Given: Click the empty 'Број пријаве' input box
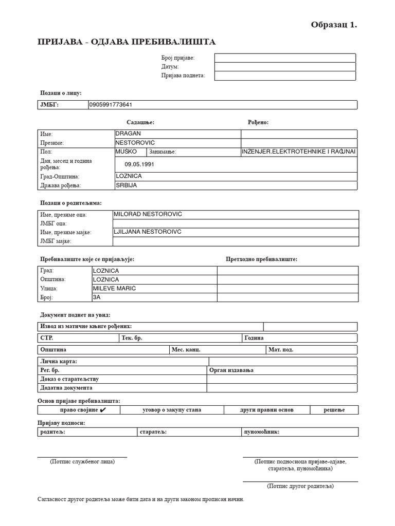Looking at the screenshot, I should click(284, 58).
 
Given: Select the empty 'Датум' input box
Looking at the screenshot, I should click(284, 67).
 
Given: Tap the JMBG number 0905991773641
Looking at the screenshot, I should click(111, 105).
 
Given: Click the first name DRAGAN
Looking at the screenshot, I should click(129, 134).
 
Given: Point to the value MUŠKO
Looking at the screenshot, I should click(127, 152).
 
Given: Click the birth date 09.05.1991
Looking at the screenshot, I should click(139, 164).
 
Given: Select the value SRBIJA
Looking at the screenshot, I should click(127, 185).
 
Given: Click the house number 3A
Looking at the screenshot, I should click(97, 297).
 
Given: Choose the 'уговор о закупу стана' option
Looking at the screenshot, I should click(172, 410).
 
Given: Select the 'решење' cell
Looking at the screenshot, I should click(334, 410).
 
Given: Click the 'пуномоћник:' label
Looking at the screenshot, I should click(261, 432).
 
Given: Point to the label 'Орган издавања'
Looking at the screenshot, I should click(232, 370).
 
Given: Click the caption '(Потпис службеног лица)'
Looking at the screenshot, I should click(82, 462).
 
